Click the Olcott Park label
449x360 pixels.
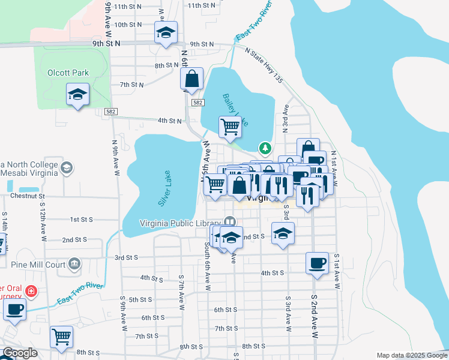click(x=68, y=73)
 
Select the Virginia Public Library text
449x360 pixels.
click(x=172, y=223)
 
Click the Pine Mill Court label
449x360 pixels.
click(x=37, y=263)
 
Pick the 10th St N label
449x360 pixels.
click(x=127, y=25)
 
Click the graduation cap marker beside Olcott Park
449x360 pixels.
click(x=77, y=95)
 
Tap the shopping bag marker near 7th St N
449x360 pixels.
click(x=191, y=79)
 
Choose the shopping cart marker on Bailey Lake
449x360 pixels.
click(x=231, y=127)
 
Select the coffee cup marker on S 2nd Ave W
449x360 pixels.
click(x=317, y=262)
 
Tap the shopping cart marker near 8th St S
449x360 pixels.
click(x=62, y=337)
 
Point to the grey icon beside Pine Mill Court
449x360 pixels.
click(x=74, y=263)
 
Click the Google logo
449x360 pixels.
click(x=19, y=353)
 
